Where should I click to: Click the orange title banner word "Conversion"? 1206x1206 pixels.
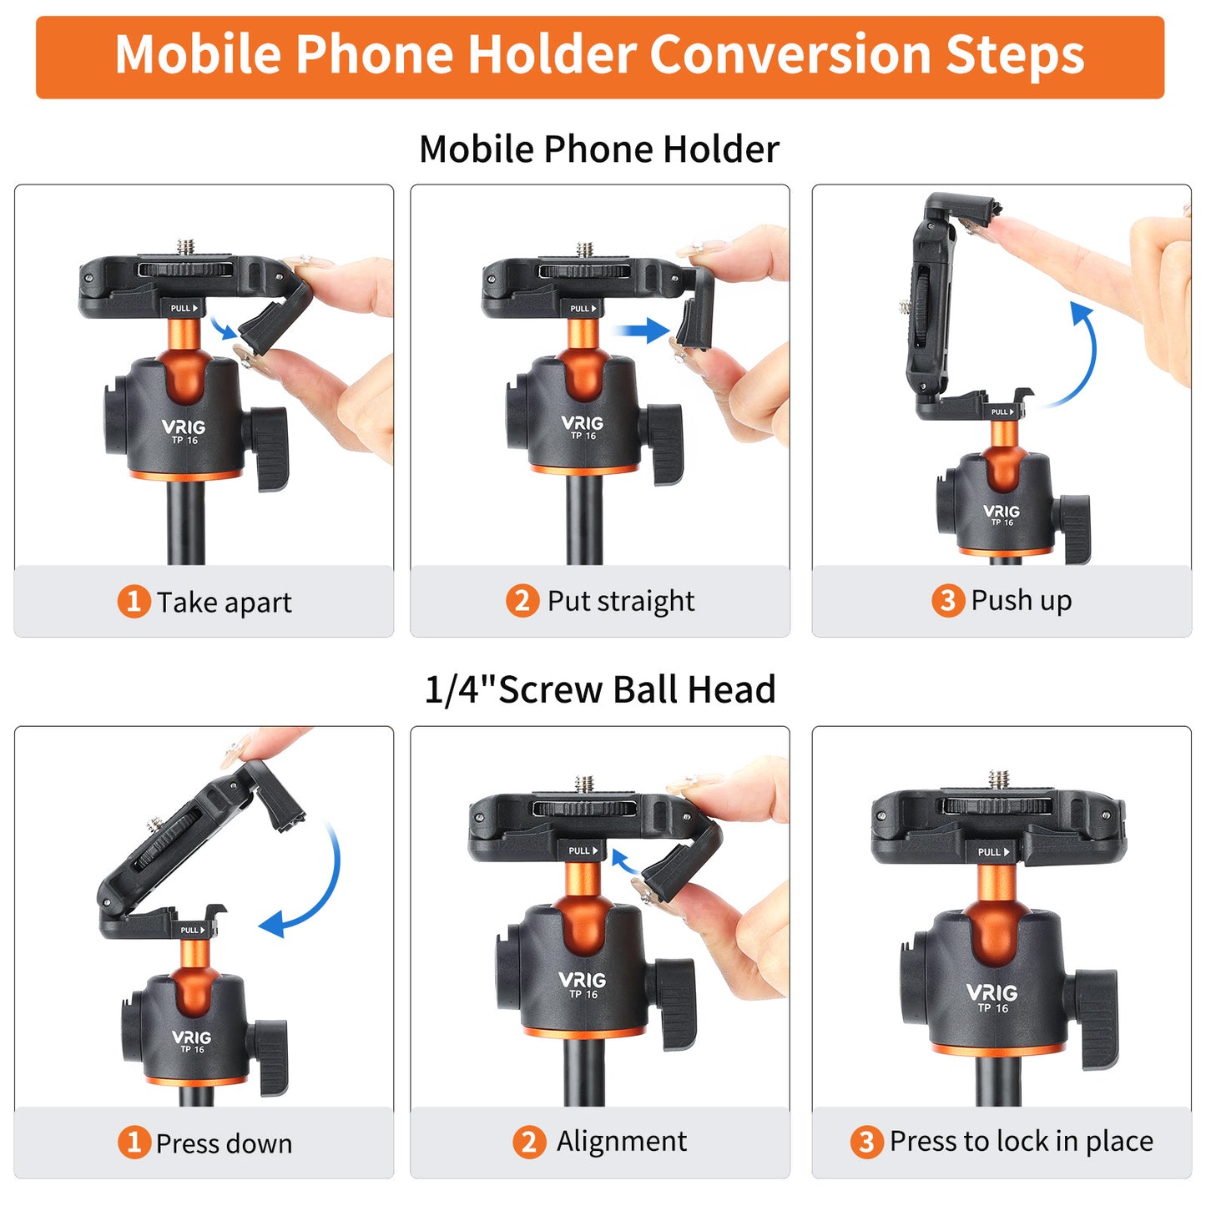pyautogui.click(x=790, y=55)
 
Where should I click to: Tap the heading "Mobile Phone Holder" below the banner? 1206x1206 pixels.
pyautogui.click(x=598, y=149)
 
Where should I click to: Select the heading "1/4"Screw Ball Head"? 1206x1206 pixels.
pyautogui.click(x=600, y=690)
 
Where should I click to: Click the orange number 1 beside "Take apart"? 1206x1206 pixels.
pyautogui.click(x=134, y=601)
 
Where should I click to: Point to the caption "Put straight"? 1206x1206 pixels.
pyautogui.click(x=620, y=601)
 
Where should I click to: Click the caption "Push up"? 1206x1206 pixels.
pyautogui.click(x=1021, y=600)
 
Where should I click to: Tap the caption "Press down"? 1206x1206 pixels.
pyautogui.click(x=224, y=1143)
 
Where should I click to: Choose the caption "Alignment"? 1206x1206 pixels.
pyautogui.click(x=622, y=1141)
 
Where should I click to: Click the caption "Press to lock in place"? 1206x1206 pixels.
pyautogui.click(x=1021, y=1141)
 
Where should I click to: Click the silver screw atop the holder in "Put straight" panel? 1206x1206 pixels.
pyautogui.click(x=586, y=250)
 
